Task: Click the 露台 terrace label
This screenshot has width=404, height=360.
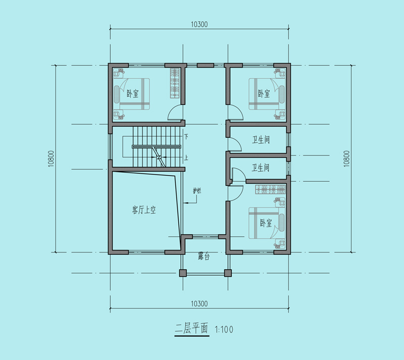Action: click(x=204, y=256)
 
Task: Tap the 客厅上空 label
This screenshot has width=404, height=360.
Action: click(x=144, y=210)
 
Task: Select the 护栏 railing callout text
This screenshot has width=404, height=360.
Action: click(x=197, y=191)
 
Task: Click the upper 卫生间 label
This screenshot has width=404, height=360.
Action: click(x=261, y=140)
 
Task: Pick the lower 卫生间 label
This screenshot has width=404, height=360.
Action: click(x=261, y=168)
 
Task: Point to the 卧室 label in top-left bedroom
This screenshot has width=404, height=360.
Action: click(x=133, y=93)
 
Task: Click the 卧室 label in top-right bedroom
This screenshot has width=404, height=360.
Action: click(x=264, y=93)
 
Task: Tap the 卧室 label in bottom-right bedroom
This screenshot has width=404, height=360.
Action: click(x=266, y=223)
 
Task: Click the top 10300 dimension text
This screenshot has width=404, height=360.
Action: click(x=199, y=24)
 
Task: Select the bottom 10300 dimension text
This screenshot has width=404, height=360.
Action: click(x=199, y=303)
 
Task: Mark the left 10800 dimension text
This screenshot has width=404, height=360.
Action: click(x=51, y=159)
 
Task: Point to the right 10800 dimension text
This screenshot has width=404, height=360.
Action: click(x=346, y=159)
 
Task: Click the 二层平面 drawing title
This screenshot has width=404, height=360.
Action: click(x=191, y=328)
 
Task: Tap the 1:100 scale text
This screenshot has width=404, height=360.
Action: click(x=224, y=329)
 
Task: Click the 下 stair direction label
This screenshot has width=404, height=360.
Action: click(x=186, y=136)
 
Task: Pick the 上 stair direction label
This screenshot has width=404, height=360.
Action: click(x=186, y=157)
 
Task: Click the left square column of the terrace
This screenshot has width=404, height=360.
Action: click(x=183, y=273)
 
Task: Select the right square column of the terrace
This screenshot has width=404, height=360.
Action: click(x=228, y=273)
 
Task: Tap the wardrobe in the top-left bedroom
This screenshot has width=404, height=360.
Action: click(x=175, y=83)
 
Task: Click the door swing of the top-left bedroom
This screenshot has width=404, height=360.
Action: click(x=175, y=113)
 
